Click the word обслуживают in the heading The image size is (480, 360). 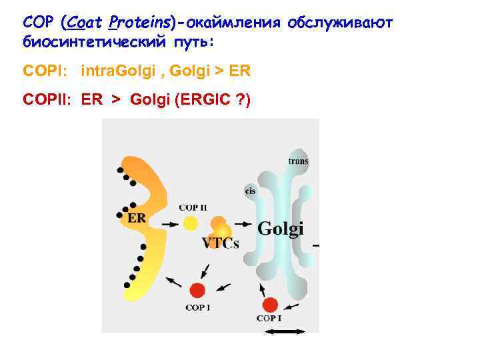click(341, 23)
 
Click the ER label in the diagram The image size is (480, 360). click(137, 218)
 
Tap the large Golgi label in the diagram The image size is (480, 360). click(280, 228)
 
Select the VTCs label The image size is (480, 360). click(220, 243)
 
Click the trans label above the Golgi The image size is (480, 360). click(298, 161)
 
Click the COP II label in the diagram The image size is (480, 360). click(192, 207)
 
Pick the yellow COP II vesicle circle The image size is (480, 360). click(191, 223)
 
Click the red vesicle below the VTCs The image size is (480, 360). click(197, 291)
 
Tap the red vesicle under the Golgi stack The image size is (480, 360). click(270, 305)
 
